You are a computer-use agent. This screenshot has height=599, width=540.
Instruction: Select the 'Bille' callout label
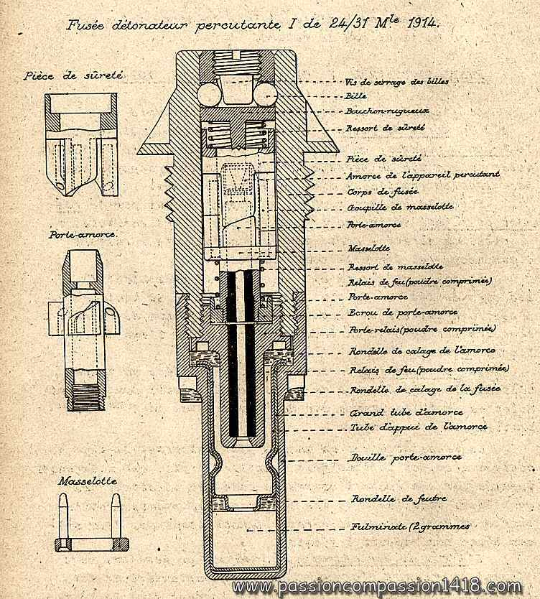click(355, 96)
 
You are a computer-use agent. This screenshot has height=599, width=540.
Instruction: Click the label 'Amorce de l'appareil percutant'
click(422, 174)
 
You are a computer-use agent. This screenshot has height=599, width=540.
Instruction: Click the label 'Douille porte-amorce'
click(405, 457)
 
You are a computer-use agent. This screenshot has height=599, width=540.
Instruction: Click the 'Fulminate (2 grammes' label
click(410, 526)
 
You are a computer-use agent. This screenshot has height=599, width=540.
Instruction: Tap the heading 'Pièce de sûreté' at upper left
click(73, 74)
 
